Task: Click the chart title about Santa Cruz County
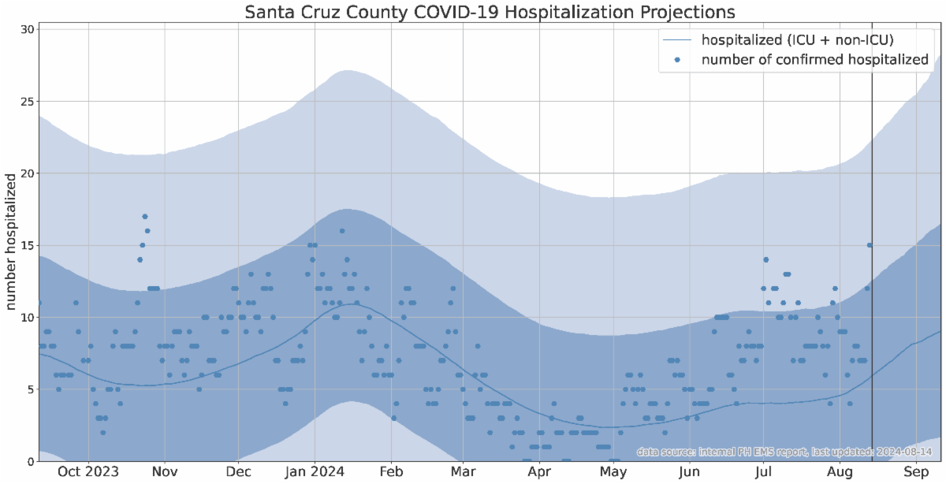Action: [490, 12]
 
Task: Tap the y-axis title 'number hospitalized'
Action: [12, 242]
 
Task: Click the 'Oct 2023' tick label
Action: [88, 472]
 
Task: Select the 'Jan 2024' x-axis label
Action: [314, 472]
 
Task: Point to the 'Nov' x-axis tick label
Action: [164, 472]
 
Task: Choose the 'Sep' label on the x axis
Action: [915, 472]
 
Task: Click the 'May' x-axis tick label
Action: [613, 472]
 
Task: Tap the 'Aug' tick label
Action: [840, 472]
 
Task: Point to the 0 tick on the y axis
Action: [30, 461]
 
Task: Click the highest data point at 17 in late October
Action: [145, 216]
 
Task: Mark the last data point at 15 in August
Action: [870, 245]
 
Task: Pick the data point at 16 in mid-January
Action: [342, 231]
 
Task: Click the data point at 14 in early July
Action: [765, 259]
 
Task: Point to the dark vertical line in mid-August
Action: [872, 236]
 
